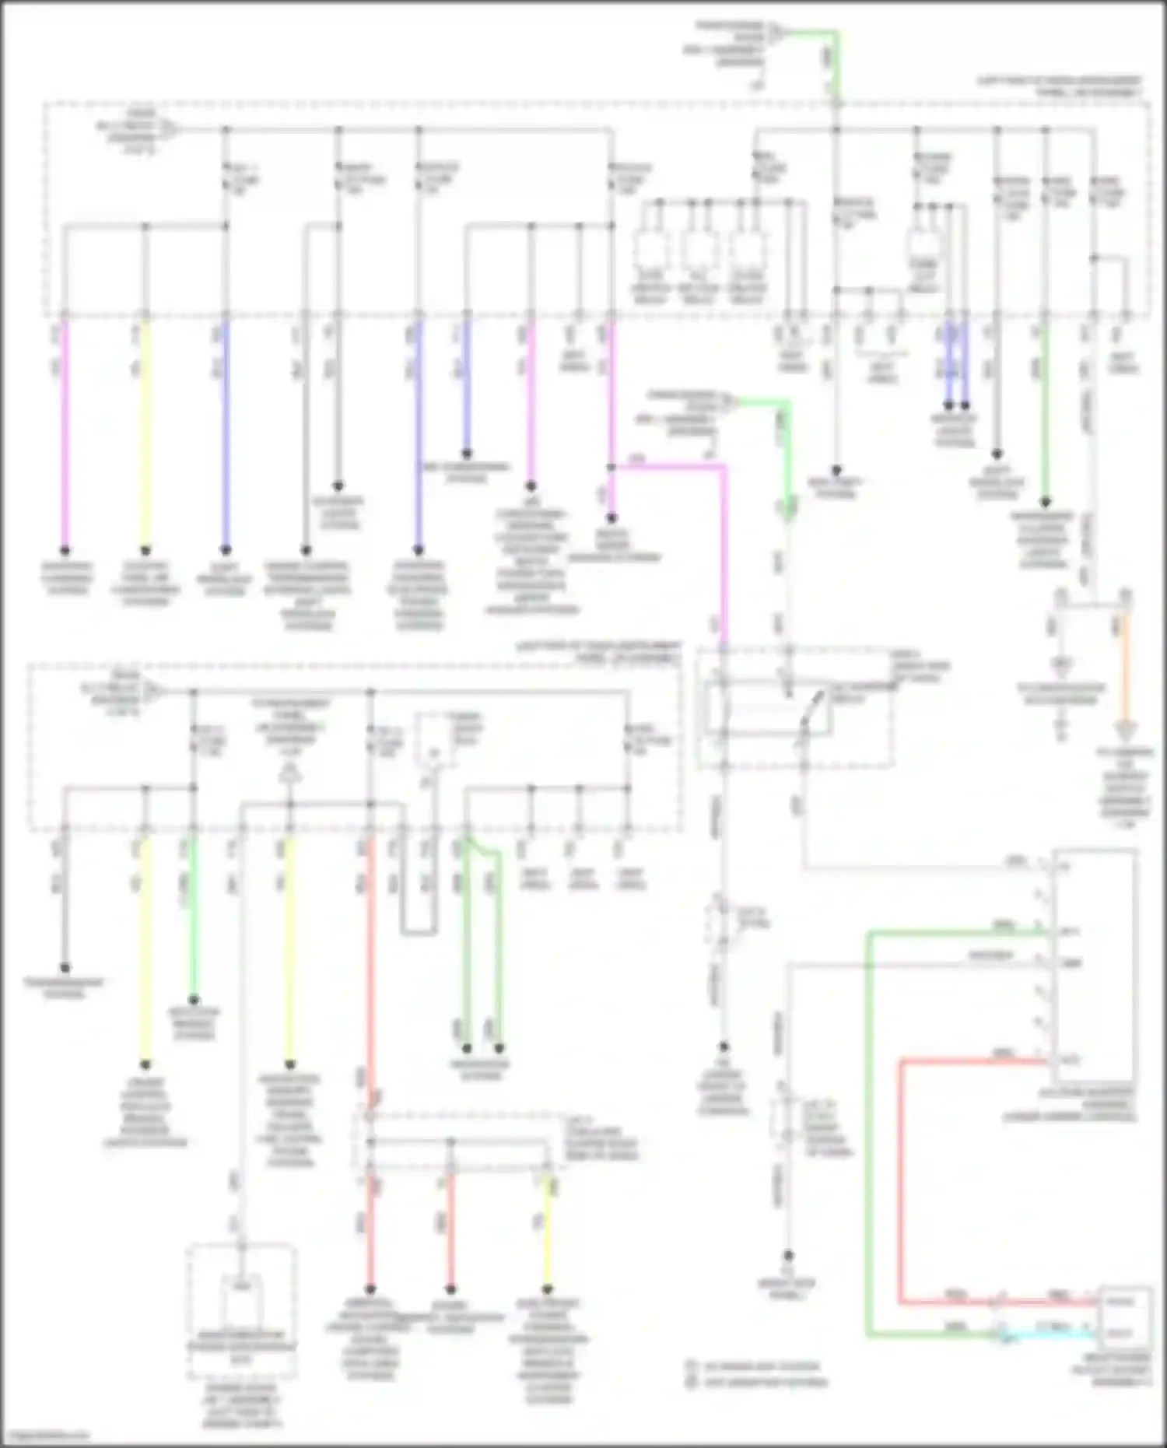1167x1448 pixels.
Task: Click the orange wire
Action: coord(1125,669)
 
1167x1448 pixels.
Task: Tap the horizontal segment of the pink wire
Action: coord(669,467)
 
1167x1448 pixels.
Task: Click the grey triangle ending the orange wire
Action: coord(1126,731)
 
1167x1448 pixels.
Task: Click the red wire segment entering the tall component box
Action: coord(972,1060)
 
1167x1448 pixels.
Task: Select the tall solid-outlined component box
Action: coord(1093,965)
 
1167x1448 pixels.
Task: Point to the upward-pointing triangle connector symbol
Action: coord(289,773)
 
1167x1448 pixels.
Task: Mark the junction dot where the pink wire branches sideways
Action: coord(612,467)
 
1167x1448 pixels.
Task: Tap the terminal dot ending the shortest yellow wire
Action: coord(548,1289)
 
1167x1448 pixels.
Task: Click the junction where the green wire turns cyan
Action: coord(1001,1334)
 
